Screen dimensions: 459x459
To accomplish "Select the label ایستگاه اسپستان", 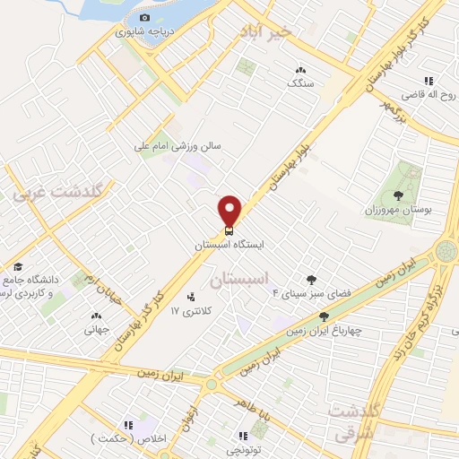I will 229,243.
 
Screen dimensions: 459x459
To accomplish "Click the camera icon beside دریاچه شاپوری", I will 144,17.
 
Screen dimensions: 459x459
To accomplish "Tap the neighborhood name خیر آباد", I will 265,31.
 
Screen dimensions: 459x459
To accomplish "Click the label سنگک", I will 300,82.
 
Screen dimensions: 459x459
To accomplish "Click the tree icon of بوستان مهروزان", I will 399,195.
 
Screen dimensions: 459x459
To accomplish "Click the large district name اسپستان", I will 239,280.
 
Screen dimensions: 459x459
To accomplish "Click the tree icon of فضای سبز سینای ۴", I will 311,281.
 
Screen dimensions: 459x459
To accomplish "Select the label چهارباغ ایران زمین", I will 323,330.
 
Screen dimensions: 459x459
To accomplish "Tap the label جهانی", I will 96,329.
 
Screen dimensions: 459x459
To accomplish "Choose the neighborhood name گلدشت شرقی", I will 355,421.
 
